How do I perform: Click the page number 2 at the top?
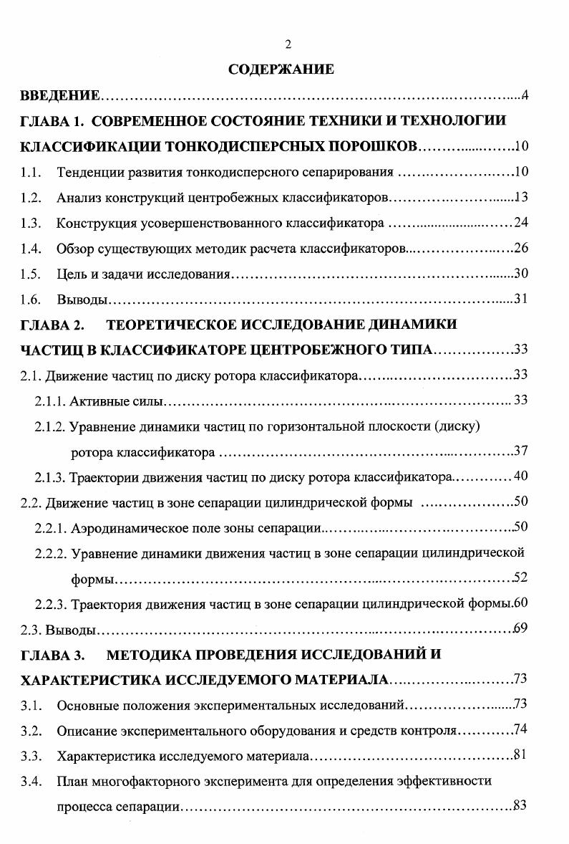(x=287, y=44)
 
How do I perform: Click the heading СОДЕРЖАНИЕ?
(x=281, y=69)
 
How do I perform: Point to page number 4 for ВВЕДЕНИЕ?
(x=525, y=95)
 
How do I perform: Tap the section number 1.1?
(x=30, y=173)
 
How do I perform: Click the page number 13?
(x=521, y=197)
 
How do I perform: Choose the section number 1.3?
(x=30, y=223)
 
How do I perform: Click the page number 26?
(x=521, y=248)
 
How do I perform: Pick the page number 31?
(x=521, y=299)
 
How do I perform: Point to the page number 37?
(x=521, y=451)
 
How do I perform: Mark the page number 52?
(x=521, y=577)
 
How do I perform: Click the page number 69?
(x=521, y=629)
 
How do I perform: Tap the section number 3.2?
(x=30, y=730)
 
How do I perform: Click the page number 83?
(x=521, y=805)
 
